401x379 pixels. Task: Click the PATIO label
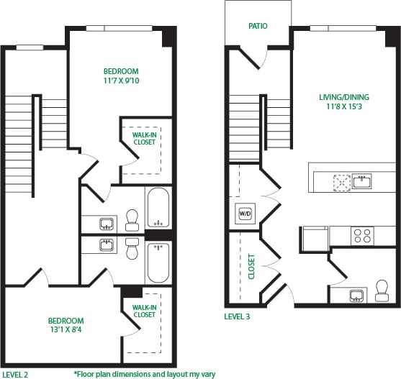click(x=258, y=27)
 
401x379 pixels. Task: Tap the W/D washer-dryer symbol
click(x=243, y=213)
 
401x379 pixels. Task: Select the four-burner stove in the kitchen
click(x=361, y=234)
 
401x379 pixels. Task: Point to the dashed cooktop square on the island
click(x=340, y=181)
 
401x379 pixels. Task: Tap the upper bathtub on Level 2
click(x=158, y=207)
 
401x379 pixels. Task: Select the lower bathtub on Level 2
click(x=158, y=262)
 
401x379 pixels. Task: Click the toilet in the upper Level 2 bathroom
click(x=132, y=216)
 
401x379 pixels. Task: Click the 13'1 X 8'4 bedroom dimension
click(x=66, y=331)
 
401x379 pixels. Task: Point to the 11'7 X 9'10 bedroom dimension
click(x=121, y=81)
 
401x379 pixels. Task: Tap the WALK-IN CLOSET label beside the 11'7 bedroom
click(x=145, y=138)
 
